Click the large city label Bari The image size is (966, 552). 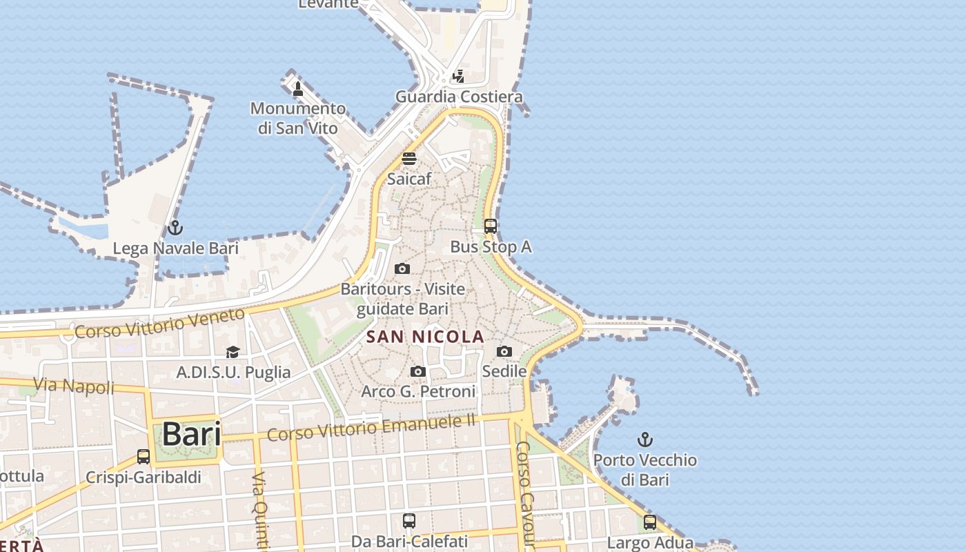[191, 435]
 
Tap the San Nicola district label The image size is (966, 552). [425, 337]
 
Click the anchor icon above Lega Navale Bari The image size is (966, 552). [175, 227]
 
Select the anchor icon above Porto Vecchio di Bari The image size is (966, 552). [644, 440]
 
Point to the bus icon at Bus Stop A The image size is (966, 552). [490, 226]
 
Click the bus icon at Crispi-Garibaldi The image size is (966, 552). [144, 456]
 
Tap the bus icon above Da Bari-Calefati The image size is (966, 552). [409, 520]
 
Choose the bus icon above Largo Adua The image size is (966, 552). [649, 522]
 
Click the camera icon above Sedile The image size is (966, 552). [504, 351]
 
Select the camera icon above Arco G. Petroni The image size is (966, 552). [417, 371]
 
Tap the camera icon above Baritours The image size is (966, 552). [402, 268]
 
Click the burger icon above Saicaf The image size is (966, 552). [409, 159]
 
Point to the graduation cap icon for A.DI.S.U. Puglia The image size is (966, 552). [233, 352]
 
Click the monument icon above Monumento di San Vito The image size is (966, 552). [298, 88]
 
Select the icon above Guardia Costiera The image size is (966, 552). [458, 76]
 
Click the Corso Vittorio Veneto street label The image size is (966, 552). [159, 323]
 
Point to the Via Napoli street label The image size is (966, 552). [74, 386]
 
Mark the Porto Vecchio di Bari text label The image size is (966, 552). [645, 469]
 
